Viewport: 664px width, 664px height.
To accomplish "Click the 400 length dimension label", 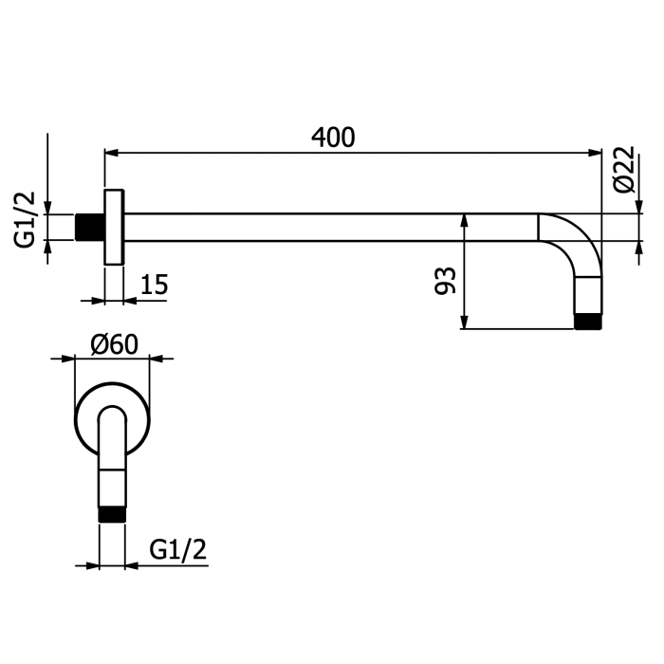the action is (x=333, y=138).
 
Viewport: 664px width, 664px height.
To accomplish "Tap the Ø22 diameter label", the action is (x=624, y=170).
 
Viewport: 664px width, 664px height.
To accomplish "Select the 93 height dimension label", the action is (x=446, y=281).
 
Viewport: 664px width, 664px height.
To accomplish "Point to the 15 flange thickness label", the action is (x=154, y=285).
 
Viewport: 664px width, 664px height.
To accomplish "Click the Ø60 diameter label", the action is (x=115, y=344).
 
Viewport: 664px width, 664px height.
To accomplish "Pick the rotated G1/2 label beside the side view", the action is (x=25, y=219).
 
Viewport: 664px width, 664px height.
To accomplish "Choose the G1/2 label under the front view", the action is (x=178, y=549).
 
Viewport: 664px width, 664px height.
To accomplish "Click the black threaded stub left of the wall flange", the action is (x=90, y=227).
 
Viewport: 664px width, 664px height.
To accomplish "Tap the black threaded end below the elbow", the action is (x=588, y=322).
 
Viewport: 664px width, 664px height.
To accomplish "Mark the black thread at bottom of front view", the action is (x=112, y=514).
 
